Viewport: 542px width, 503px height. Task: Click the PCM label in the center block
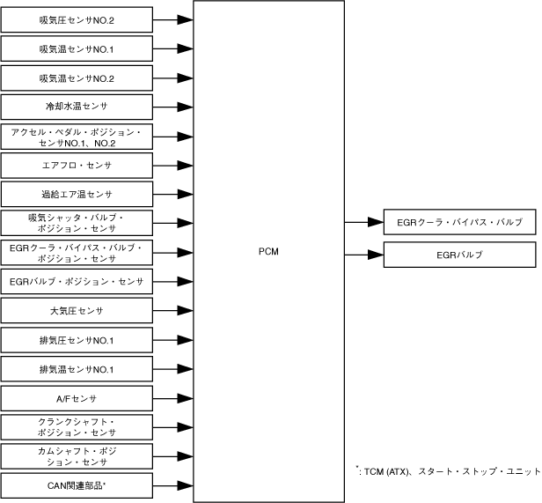pos(268,251)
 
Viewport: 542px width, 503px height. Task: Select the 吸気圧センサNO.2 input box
pos(77,18)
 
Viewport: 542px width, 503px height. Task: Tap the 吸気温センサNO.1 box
pos(77,48)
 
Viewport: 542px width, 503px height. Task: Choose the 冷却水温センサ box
pos(77,106)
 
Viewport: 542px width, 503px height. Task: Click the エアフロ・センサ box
pos(77,165)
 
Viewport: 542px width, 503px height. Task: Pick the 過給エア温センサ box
pos(77,194)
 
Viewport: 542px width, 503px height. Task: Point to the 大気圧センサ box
pos(77,311)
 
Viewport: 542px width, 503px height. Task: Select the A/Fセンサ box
pos(77,398)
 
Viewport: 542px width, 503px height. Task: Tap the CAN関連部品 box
pos(77,485)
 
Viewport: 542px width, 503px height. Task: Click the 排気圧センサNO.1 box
pos(77,340)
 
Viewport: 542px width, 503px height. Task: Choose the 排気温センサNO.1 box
pos(77,369)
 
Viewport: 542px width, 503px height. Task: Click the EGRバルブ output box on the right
pos(460,255)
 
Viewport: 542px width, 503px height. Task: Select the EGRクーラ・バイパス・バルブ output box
pos(460,223)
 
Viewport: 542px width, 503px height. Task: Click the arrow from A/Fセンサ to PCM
pos(173,398)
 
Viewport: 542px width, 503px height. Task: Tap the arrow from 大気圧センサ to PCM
pos(173,311)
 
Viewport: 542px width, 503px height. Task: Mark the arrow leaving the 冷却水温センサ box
pos(173,106)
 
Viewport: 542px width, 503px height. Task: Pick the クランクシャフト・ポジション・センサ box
pos(77,427)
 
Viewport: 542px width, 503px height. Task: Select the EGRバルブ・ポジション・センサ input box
pos(77,282)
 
